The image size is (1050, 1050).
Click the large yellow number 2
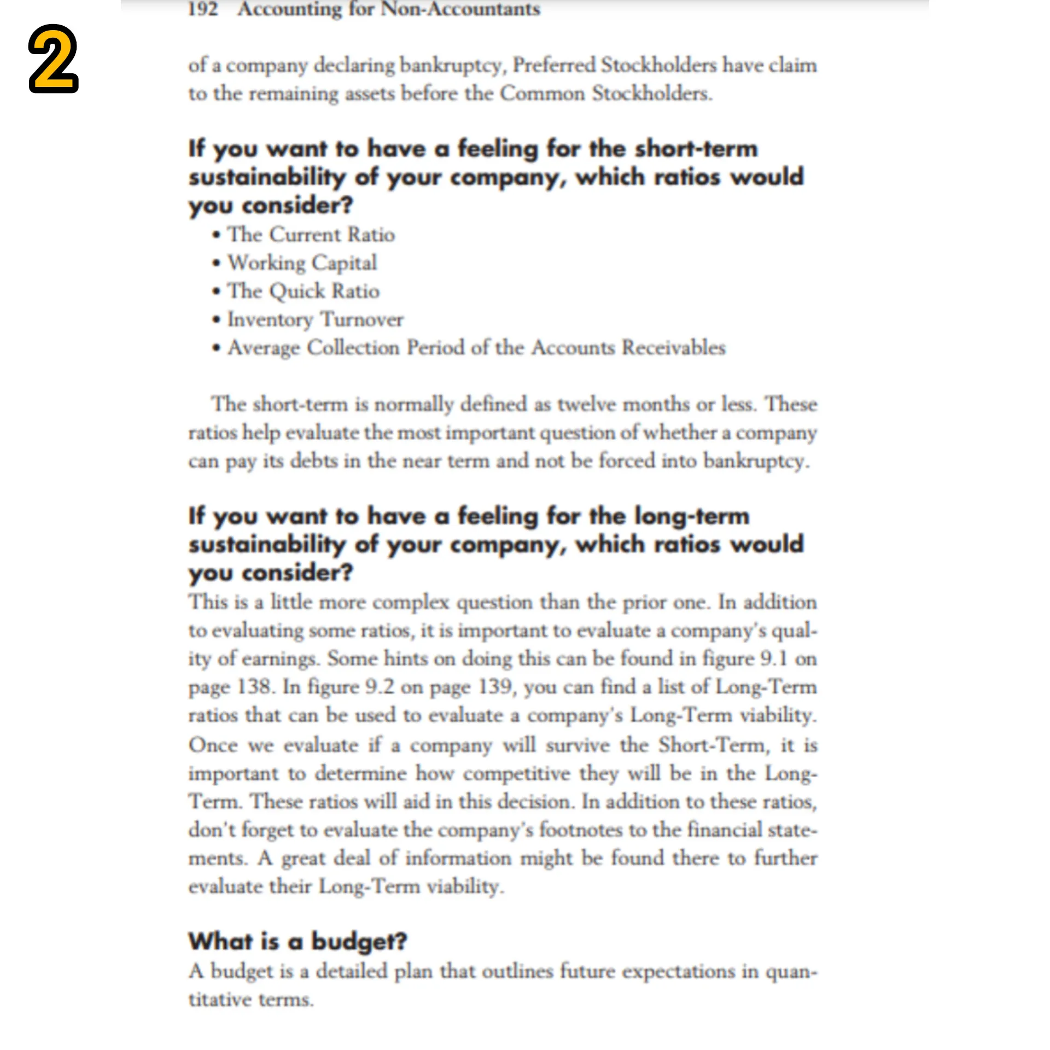point(54,59)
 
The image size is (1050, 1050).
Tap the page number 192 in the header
point(203,9)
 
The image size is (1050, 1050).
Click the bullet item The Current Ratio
point(311,235)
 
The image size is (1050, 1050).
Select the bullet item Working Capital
point(302,263)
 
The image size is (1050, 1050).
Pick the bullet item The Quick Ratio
point(303,291)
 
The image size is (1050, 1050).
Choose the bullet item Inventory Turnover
point(315,319)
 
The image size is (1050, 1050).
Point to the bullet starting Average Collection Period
point(476,348)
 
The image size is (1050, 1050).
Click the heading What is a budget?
point(297,941)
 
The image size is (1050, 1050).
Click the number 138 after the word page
point(255,687)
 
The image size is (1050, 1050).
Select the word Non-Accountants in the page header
point(460,9)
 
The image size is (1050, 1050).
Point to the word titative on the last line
point(220,1000)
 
